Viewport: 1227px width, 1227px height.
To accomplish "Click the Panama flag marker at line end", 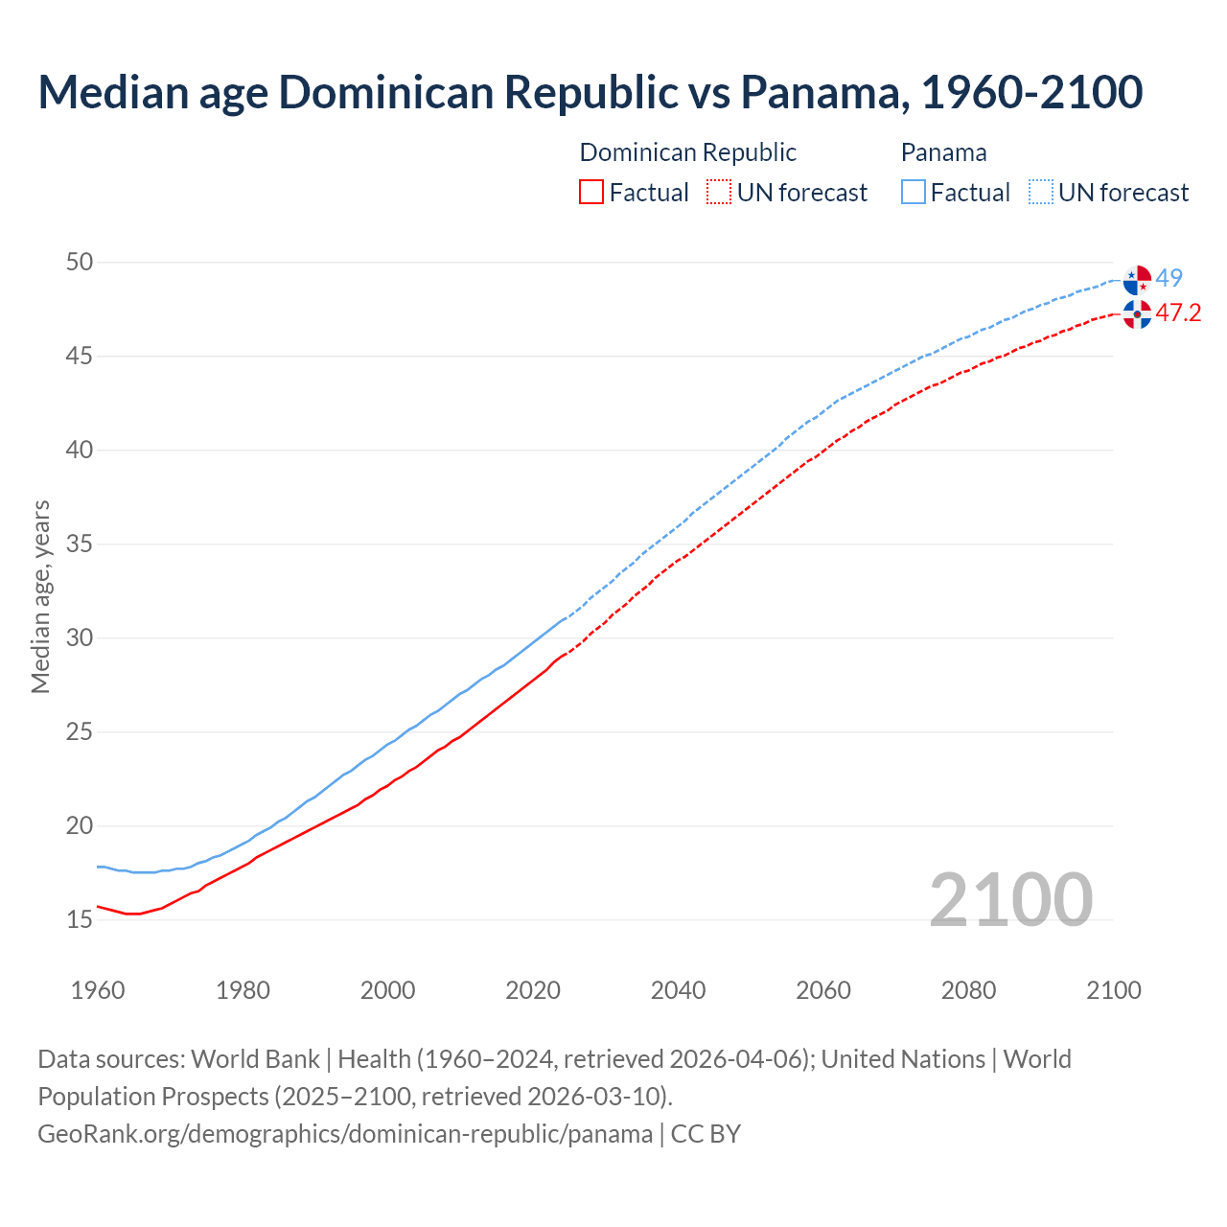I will tap(1137, 279).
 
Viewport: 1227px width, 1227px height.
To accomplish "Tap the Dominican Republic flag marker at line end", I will tap(1137, 313).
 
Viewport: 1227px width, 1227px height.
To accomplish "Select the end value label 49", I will tap(1169, 278).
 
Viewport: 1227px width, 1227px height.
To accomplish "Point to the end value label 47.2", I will tap(1178, 313).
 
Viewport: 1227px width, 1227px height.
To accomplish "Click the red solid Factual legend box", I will tap(591, 193).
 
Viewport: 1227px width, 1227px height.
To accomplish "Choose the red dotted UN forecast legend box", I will tap(719, 193).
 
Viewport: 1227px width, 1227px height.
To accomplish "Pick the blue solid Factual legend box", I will tap(914, 193).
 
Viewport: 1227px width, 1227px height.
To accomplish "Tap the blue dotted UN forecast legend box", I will tap(1041, 193).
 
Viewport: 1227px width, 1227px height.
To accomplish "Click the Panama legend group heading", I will tap(943, 152).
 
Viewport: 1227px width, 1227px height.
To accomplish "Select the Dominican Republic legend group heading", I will tap(687, 152).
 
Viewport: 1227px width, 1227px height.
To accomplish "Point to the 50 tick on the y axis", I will tap(80, 262).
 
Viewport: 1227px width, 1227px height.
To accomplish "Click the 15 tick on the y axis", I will tap(80, 919).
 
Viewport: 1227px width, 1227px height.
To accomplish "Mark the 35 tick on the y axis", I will tap(80, 544).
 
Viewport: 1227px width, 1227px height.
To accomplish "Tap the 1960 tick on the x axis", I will tap(98, 990).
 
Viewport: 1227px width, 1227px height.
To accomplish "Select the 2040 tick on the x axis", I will tap(678, 990).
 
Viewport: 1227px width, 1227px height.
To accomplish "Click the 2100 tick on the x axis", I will tap(1114, 990).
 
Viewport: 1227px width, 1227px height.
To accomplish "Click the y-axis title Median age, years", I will tap(40, 596).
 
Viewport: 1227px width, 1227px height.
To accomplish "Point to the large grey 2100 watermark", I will tap(1010, 899).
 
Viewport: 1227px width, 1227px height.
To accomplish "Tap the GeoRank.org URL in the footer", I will tap(345, 1134).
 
